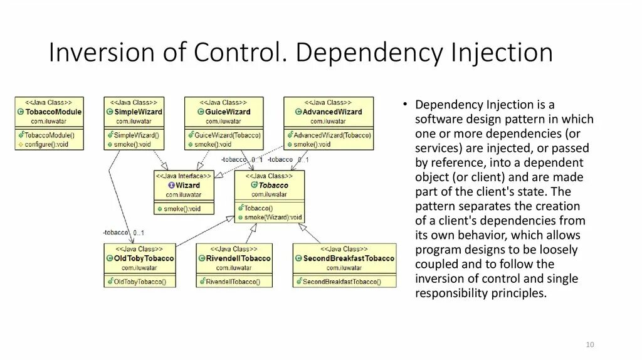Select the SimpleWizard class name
(138, 112)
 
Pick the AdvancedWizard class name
(332, 112)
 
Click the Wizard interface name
(187, 186)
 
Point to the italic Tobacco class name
(273, 186)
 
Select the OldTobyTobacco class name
(144, 258)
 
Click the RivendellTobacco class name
(238, 258)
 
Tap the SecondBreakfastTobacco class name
(349, 258)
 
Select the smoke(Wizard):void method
(273, 218)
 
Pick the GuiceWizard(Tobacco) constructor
(228, 135)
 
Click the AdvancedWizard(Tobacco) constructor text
(332, 135)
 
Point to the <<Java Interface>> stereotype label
(184, 176)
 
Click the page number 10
(590, 345)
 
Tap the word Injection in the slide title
(501, 53)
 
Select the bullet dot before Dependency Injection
(406, 105)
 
